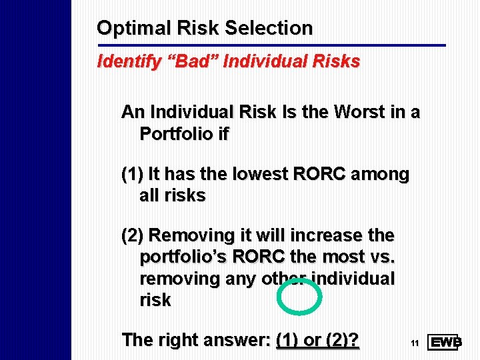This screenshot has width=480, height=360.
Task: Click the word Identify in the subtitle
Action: click(122, 62)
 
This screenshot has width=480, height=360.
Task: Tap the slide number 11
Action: click(414, 343)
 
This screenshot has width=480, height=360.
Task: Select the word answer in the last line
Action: click(232, 340)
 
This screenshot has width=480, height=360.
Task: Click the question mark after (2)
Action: click(354, 340)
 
